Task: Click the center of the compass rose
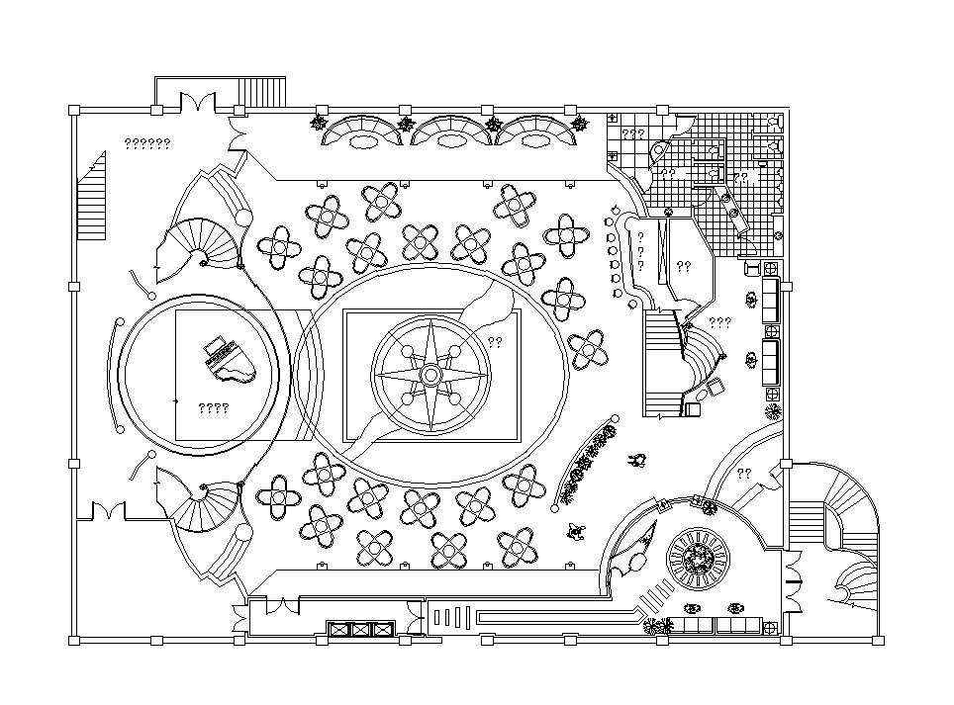coord(430,375)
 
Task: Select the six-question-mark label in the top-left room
coord(147,143)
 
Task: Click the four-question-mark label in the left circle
coord(213,407)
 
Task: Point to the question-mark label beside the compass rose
coord(495,342)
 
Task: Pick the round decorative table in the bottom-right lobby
coord(699,560)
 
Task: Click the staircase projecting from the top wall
coord(262,91)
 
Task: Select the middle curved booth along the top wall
coord(452,132)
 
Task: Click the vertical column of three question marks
coord(640,252)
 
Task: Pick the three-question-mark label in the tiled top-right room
coord(633,133)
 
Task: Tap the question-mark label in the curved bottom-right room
coord(743,473)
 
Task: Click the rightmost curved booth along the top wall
coord(535,132)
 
